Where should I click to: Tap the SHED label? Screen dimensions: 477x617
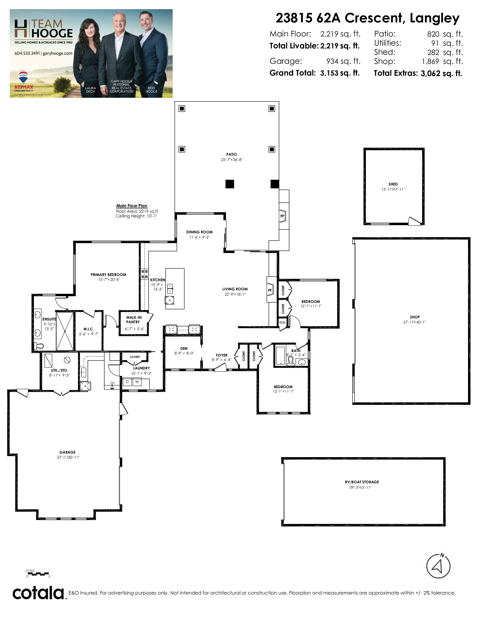pyautogui.click(x=393, y=184)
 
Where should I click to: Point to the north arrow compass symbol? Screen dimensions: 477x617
pyautogui.click(x=438, y=566)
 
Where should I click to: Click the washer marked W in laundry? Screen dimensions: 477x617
pyautogui.click(x=137, y=382)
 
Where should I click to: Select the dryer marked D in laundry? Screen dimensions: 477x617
pyautogui.click(x=127, y=382)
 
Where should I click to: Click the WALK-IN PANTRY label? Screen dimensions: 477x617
pyautogui.click(x=134, y=320)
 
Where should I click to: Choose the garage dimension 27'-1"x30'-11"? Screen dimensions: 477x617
pyautogui.click(x=68, y=457)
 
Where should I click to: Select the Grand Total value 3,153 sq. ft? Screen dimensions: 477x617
pyautogui.click(x=340, y=73)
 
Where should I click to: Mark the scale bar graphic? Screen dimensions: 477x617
pyautogui.click(x=38, y=574)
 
